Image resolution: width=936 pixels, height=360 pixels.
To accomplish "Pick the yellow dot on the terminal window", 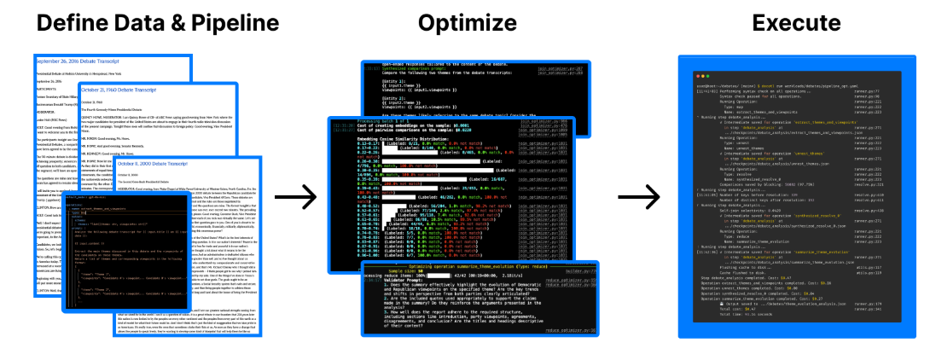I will click(x=693, y=66).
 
